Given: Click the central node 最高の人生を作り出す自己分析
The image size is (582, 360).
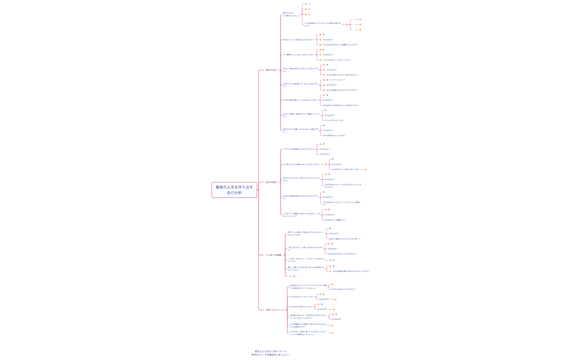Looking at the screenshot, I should click(x=234, y=190).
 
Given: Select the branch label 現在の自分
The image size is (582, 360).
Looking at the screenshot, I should click(x=271, y=70).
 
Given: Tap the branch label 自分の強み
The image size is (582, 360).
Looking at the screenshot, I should click(x=271, y=182).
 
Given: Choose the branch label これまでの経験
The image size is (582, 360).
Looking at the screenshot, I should click(x=273, y=255).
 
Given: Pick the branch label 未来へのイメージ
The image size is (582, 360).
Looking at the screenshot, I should click(x=275, y=310).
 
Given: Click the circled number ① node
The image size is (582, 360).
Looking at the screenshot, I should click(x=309, y=4).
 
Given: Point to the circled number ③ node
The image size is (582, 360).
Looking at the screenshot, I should click(x=309, y=14).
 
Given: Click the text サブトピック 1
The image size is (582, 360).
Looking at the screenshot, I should click(x=339, y=80).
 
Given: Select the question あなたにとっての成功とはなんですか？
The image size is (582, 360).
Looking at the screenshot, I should click(x=299, y=40).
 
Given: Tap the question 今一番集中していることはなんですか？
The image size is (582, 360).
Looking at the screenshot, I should click(x=299, y=55).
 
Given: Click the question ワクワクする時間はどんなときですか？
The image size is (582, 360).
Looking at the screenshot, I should click(x=299, y=149).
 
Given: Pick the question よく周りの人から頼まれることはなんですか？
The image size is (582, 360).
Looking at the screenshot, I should click(x=301, y=164).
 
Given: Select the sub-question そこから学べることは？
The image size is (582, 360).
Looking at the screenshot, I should click(x=334, y=120).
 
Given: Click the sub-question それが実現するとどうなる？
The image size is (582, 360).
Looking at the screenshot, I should click(x=334, y=136).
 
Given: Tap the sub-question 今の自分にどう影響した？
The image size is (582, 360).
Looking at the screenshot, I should click(x=335, y=220).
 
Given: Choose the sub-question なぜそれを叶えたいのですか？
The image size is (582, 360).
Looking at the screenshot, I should click(x=343, y=289).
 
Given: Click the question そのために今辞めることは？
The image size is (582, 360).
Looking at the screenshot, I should click(x=301, y=307).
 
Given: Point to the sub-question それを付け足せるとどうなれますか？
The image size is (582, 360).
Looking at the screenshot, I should click(x=342, y=254).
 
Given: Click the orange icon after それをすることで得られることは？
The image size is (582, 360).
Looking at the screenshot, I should click(x=365, y=169).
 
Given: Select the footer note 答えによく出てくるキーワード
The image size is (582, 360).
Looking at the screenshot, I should click(x=270, y=351).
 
